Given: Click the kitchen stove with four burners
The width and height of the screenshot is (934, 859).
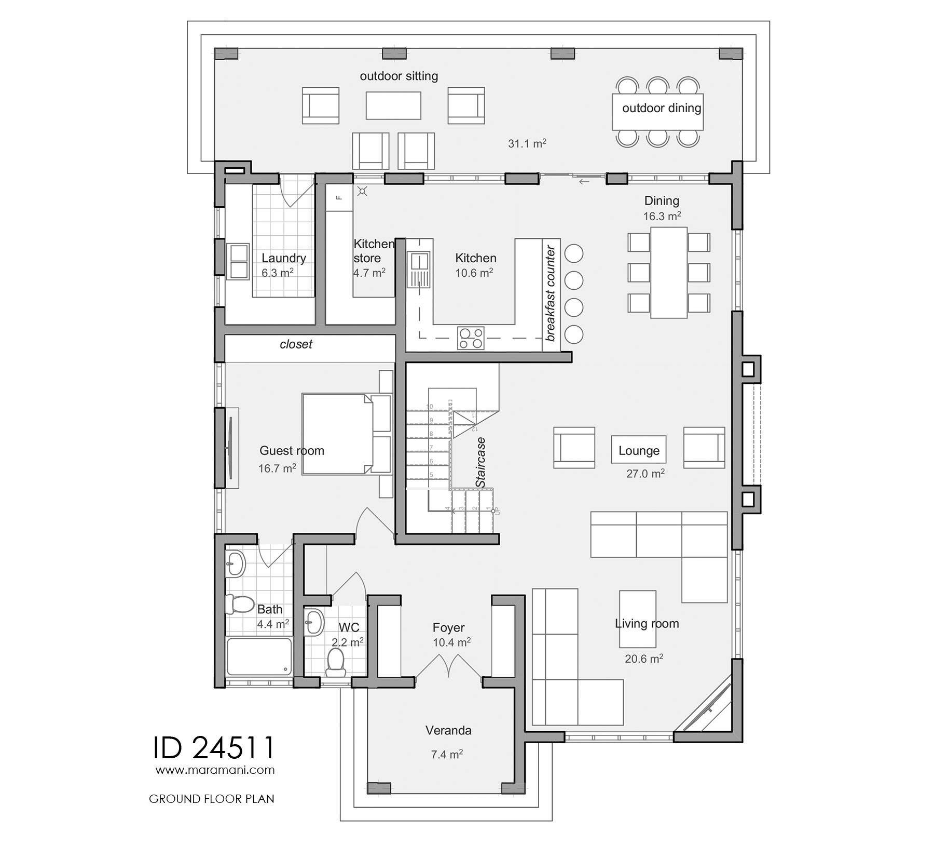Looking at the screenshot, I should pyautogui.click(x=471, y=338).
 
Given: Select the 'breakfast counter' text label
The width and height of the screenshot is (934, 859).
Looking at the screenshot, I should pyautogui.click(x=551, y=293).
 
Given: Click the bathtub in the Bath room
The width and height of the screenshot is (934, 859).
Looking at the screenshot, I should pyautogui.click(x=259, y=657).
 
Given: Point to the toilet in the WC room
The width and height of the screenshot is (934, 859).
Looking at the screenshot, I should pyautogui.click(x=336, y=662).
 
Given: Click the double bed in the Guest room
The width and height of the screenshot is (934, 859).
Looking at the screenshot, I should pyautogui.click(x=337, y=434).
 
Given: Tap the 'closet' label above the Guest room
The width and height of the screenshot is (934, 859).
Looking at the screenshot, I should pyautogui.click(x=296, y=344).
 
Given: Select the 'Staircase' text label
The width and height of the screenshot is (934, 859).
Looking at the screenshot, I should pyautogui.click(x=481, y=462).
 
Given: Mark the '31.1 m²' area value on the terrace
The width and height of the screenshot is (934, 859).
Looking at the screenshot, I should pyautogui.click(x=527, y=143).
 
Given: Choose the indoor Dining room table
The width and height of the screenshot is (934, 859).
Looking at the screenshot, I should pyautogui.click(x=669, y=273).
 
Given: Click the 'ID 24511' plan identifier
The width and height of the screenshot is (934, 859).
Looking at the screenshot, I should pyautogui.click(x=213, y=748).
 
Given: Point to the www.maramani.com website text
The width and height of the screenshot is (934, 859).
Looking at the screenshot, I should pyautogui.click(x=215, y=770).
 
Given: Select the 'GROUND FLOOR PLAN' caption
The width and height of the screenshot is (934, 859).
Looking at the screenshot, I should pyautogui.click(x=211, y=799).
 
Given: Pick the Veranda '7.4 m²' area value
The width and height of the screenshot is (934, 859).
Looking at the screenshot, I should pyautogui.click(x=447, y=754).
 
